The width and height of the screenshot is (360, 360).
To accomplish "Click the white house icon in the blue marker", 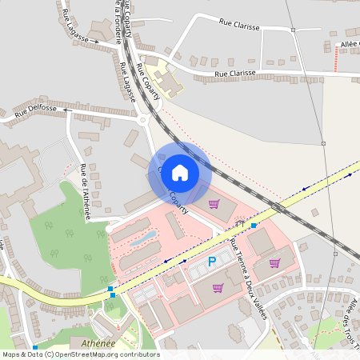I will tap(180, 172).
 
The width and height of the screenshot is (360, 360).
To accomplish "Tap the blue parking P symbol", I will tap(212, 262).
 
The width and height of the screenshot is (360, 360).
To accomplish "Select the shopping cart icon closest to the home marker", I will tap(214, 205).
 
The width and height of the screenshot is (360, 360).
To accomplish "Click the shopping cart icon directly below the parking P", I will tap(218, 288).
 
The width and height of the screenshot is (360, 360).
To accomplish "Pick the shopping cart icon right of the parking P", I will tap(274, 262).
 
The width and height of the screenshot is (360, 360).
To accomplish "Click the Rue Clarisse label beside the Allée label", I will tap(235, 74).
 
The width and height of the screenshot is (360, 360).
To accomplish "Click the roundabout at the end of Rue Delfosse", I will tap(144, 120).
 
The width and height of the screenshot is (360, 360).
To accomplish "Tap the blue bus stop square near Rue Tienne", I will tap(254, 226).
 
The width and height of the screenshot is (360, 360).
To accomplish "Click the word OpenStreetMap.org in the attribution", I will tap(93, 354).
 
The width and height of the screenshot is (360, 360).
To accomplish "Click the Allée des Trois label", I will tap(350, 320).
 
